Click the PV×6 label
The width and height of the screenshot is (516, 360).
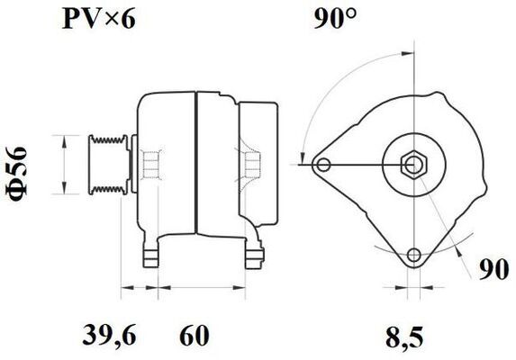[98, 19]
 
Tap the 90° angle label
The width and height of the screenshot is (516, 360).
[335, 19]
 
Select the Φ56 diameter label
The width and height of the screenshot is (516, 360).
[16, 174]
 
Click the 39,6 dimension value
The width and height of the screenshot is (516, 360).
[109, 336]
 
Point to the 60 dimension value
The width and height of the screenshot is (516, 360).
[195, 336]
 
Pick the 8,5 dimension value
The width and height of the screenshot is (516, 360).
[404, 337]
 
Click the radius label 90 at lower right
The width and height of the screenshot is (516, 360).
[493, 270]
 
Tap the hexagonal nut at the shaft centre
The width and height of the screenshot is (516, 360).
[413, 165]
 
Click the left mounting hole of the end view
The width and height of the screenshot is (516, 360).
[324, 165]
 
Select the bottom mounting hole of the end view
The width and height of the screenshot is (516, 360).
[413, 255]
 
